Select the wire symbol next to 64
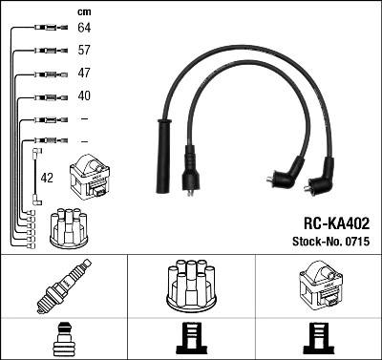point(49,29)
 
